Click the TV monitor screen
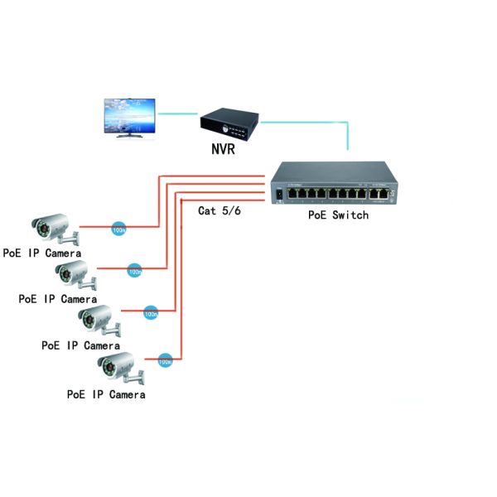[129, 115]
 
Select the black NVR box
[229, 125]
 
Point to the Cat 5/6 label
[219, 210]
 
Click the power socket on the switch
[279, 194]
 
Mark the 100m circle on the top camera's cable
[118, 227]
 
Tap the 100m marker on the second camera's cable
[134, 270]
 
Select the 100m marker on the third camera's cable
[151, 314]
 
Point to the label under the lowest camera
[106, 395]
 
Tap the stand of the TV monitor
[128, 138]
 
